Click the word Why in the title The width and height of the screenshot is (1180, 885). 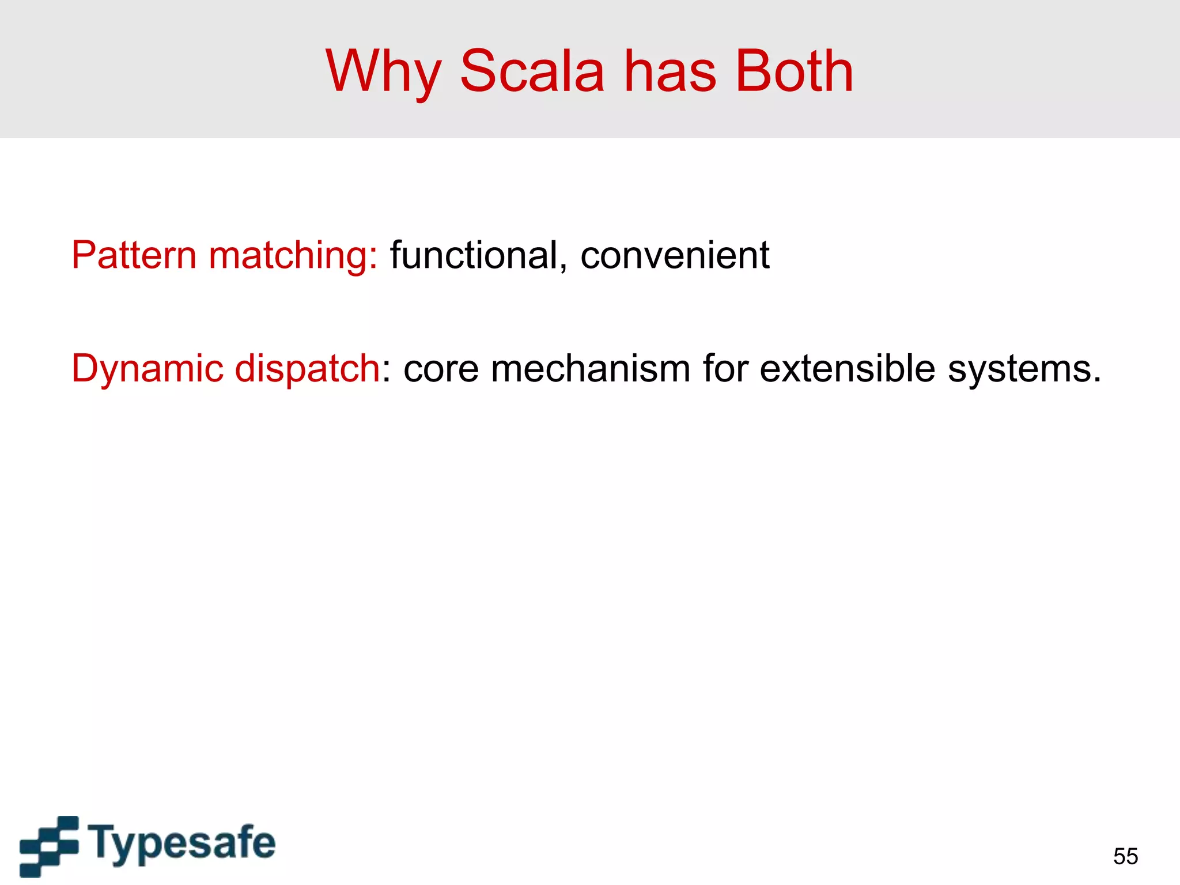(383, 71)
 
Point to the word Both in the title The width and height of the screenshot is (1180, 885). (795, 71)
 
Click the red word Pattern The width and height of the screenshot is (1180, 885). (134, 255)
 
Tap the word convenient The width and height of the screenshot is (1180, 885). (674, 255)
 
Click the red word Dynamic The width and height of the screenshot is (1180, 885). (147, 369)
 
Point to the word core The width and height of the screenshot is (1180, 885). (441, 369)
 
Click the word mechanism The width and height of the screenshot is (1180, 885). (591, 369)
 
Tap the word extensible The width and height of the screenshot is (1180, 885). (847, 368)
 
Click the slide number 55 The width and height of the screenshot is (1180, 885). (1125, 856)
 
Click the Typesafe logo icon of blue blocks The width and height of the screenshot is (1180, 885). (50, 845)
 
